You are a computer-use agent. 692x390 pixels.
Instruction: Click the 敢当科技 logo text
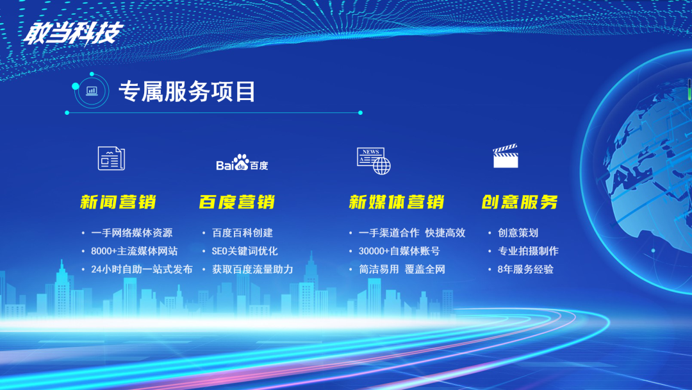[73, 33]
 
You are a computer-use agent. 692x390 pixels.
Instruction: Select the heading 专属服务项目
[187, 92]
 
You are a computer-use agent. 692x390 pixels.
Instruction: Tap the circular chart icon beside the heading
[92, 91]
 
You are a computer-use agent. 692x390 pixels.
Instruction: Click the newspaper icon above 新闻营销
[111, 158]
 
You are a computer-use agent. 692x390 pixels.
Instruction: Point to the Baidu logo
[242, 162]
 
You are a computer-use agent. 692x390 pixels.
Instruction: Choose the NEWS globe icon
[374, 161]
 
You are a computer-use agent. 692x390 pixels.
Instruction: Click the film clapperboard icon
[506, 156]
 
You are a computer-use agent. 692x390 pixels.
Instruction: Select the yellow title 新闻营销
[119, 202]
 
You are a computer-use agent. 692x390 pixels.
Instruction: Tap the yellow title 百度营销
[237, 202]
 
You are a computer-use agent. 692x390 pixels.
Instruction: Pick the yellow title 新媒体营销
[397, 202]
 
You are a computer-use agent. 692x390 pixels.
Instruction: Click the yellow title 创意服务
[520, 202]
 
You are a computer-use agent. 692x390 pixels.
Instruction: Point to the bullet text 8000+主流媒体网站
[134, 251]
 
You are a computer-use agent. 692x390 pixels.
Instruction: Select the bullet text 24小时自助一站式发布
[142, 269]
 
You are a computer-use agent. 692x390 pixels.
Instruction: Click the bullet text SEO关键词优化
[245, 251]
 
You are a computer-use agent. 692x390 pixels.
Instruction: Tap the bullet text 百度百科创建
[242, 233]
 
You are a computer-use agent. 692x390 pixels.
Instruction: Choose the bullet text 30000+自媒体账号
[399, 251]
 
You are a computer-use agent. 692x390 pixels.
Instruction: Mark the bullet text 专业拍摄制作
[528, 251]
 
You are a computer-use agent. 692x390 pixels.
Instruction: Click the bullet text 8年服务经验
[525, 269]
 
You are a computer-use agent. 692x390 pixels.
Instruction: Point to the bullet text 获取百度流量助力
[252, 269]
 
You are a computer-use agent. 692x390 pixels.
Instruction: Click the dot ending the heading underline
[361, 113]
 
